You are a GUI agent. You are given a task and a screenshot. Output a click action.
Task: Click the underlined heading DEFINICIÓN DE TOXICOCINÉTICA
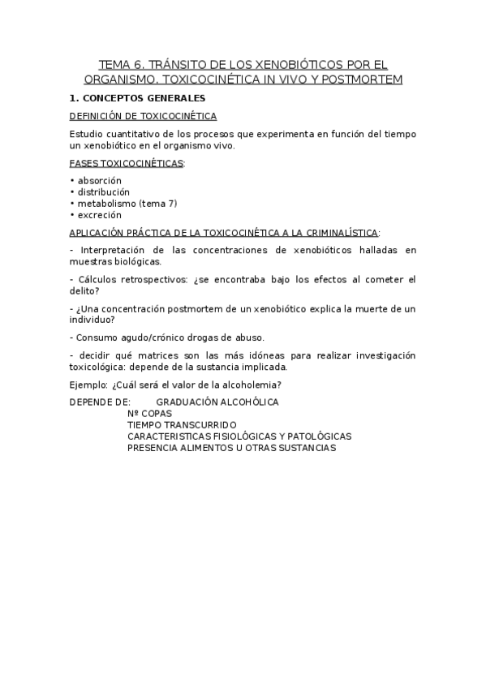[x=143, y=116]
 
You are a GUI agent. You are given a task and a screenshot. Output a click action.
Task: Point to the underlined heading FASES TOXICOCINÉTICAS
[x=127, y=163]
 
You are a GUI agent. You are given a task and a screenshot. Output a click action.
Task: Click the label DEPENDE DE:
[x=100, y=402]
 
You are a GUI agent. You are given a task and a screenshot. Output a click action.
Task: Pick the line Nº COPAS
[x=149, y=413]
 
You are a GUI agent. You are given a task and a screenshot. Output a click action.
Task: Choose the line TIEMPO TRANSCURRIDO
[x=182, y=424]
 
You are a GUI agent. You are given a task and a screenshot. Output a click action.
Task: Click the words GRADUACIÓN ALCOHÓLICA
[x=217, y=402]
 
